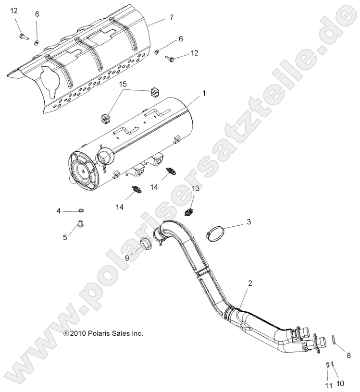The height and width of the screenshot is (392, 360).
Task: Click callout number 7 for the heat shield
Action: coord(171,17)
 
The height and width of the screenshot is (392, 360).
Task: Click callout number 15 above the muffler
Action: coord(123,85)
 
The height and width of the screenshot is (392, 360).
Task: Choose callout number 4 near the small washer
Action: coord(59,210)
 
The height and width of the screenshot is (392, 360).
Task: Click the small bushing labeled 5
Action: coord(80,222)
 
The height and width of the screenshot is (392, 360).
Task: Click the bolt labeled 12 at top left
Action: coord(23,36)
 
